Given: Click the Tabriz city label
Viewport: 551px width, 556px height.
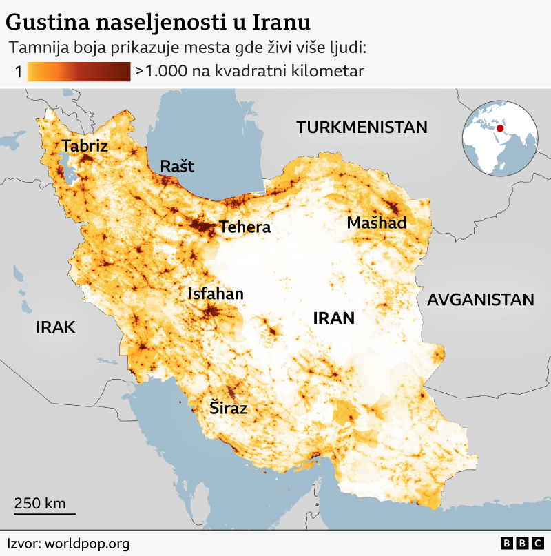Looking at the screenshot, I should coord(85,146).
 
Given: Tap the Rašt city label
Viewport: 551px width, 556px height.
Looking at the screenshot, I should coord(177,166).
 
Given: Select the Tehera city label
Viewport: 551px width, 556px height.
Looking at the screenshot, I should coord(245,227).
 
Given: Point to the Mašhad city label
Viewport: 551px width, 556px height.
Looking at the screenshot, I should coord(377,223).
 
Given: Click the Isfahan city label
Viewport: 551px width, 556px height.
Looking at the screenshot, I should coord(216,294).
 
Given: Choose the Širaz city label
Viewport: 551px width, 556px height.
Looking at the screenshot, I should coord(228,409).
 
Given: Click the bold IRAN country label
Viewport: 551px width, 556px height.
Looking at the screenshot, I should coord(333,318).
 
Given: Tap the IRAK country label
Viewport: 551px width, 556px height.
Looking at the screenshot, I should coord(55,327).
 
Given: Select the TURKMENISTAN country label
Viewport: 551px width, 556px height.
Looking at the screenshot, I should coord(362,127).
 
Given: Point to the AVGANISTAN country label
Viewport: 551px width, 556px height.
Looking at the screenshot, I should coord(480,300).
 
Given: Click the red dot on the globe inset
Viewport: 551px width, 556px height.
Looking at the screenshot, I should coord(501,128).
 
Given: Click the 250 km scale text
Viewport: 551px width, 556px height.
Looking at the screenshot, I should coord(40,503).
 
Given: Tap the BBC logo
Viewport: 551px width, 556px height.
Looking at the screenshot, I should coord(522,544).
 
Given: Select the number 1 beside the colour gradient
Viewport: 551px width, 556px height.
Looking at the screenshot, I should coord(18,71).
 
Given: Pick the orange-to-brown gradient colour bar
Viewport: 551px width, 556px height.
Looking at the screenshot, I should coord(79,71).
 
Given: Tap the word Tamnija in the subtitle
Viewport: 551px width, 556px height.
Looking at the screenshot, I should coord(37,48).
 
